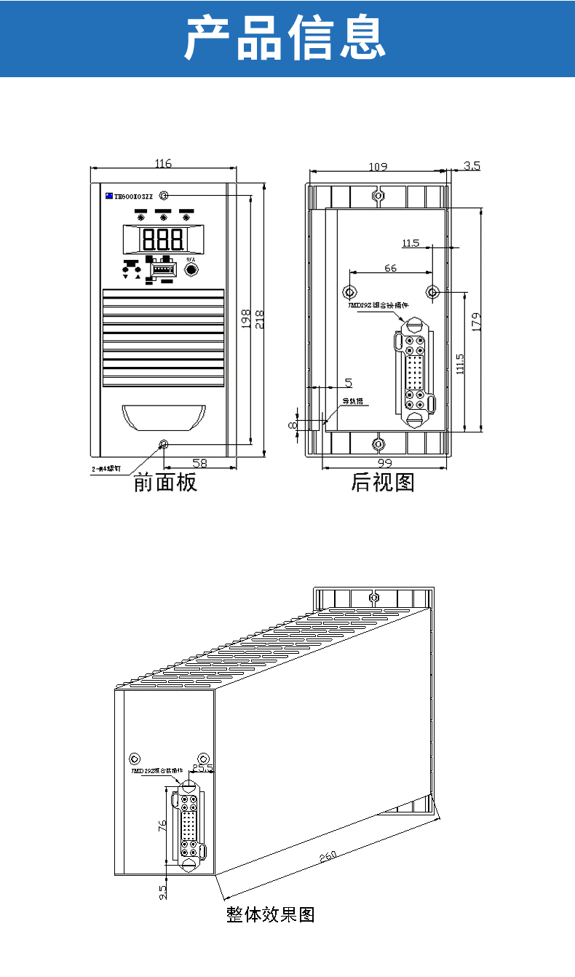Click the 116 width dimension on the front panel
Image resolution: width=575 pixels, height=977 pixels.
tap(163, 164)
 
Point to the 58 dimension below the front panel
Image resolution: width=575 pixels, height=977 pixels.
tap(199, 463)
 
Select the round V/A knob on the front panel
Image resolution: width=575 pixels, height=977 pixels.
tap(191, 270)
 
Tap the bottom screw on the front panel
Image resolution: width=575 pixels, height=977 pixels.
tap(164, 444)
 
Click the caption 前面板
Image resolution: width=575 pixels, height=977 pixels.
tap(165, 483)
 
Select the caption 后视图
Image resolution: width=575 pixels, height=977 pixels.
tap(383, 482)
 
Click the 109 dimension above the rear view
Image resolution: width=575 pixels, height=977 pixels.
tap(377, 167)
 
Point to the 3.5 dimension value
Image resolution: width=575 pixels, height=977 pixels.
tap(472, 166)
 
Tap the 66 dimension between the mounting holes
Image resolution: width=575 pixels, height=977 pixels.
tap(390, 268)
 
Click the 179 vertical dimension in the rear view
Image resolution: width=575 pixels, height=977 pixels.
tap(476, 321)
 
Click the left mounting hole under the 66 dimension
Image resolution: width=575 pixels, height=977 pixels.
tap(349, 292)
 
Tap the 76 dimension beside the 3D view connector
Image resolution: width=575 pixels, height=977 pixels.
tap(163, 825)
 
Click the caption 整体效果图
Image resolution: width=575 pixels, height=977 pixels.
tap(270, 914)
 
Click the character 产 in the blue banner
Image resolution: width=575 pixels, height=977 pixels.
tap(210, 39)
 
